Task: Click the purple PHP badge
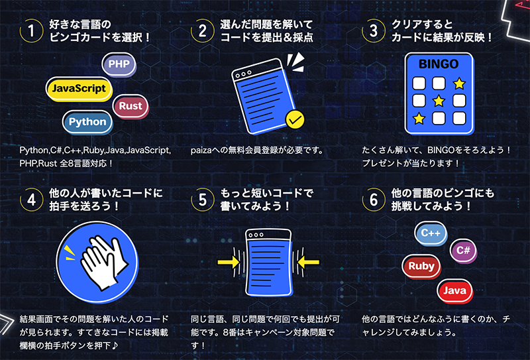click(x=119, y=64)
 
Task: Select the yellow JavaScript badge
click(x=79, y=89)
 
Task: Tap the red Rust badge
click(x=131, y=106)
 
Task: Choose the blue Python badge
click(x=87, y=122)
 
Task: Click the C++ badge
click(x=431, y=233)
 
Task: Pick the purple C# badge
click(x=463, y=251)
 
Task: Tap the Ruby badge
click(x=421, y=267)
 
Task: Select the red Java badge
click(x=454, y=291)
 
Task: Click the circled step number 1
click(x=31, y=30)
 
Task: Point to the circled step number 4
click(x=31, y=200)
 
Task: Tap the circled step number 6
click(x=374, y=200)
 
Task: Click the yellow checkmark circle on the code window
click(x=295, y=119)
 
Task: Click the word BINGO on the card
click(x=439, y=64)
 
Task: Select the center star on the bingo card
click(x=439, y=101)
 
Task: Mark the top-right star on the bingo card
click(x=459, y=83)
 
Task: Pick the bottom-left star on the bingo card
click(x=419, y=119)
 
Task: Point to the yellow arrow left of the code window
click(x=229, y=263)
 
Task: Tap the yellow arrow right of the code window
click(x=308, y=263)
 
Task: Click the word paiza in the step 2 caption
click(x=201, y=150)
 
